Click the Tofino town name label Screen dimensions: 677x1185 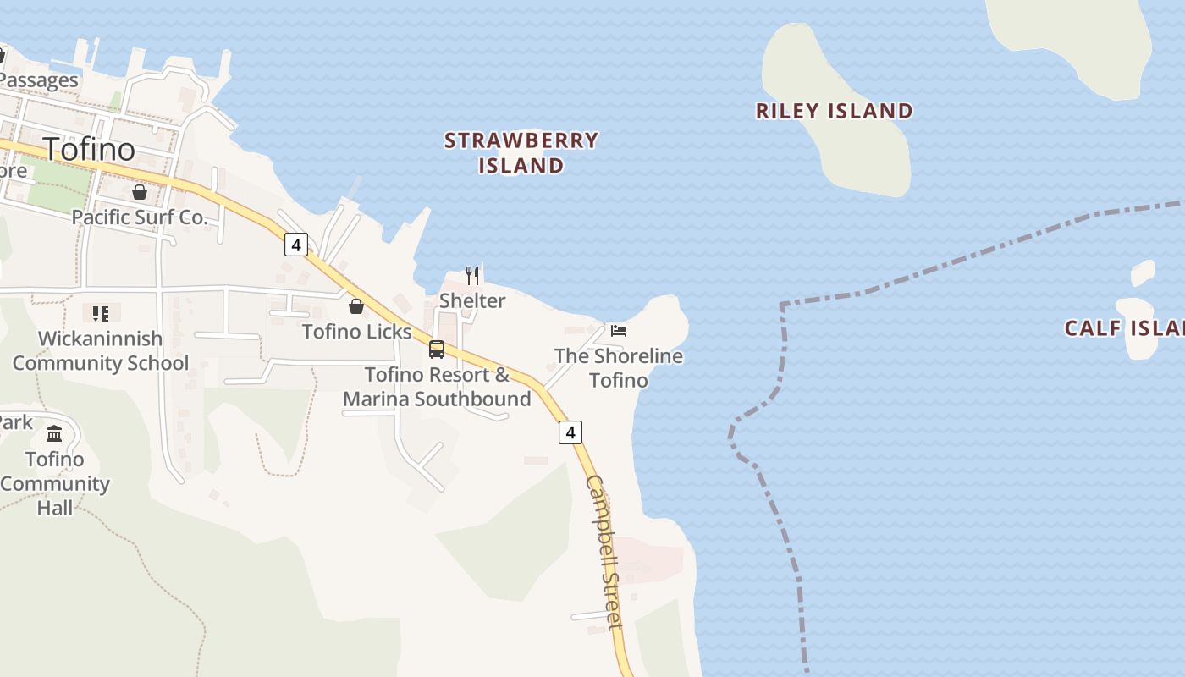[89, 149]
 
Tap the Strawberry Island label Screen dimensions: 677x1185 [521, 152]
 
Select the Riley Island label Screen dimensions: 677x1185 [834, 111]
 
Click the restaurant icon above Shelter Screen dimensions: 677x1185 [472, 275]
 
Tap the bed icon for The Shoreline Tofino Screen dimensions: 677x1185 [619, 331]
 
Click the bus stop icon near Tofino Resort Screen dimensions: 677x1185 [437, 349]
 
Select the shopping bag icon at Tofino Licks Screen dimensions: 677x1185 [356, 306]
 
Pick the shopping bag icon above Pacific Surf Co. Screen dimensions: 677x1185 [140, 192]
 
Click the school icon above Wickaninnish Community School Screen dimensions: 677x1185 [101, 314]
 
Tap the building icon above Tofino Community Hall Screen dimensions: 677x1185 [55, 434]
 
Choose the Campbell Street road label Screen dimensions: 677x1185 [605, 553]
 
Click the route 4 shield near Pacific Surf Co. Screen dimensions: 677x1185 [295, 245]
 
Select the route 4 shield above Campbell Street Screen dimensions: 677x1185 [570, 432]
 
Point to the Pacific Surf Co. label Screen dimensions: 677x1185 [140, 217]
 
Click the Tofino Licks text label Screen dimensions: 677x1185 [356, 332]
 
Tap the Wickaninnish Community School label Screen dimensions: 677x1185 [101, 350]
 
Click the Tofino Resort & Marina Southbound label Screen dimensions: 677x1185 [437, 387]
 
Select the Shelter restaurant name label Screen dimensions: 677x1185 [472, 300]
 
